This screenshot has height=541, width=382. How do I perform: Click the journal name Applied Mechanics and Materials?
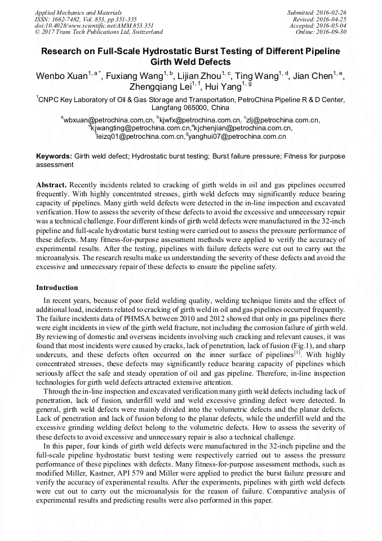(79, 12)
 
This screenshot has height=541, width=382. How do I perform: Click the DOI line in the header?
(95, 25)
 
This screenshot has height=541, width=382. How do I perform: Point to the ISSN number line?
(86, 19)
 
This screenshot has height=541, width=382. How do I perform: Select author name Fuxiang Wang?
(135, 77)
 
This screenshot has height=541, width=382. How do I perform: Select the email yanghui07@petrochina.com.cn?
(237, 136)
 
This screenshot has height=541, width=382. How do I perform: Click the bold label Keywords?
(54, 156)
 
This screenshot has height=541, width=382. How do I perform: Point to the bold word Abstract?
(51, 185)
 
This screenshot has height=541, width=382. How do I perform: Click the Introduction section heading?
(57, 288)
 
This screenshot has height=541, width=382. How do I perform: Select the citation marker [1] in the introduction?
(296, 352)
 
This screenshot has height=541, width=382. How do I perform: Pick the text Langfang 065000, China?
(190, 107)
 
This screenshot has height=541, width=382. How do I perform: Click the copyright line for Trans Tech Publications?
(98, 32)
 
